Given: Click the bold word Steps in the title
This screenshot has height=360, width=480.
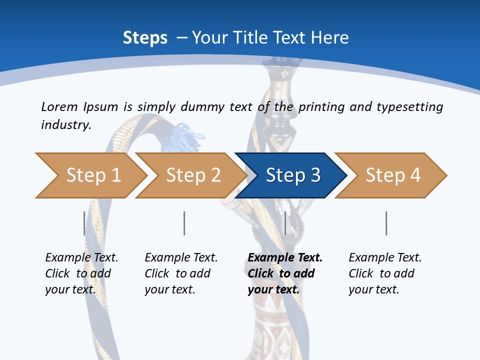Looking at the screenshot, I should [145, 37].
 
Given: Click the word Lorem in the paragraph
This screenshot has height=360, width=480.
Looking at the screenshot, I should [59, 106].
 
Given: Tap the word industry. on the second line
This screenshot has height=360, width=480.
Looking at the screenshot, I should [66, 124].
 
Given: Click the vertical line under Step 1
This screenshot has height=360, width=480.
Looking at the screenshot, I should [84, 223].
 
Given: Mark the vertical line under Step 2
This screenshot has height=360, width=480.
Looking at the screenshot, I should [184, 223].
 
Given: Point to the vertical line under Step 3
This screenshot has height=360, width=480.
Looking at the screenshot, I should [285, 223].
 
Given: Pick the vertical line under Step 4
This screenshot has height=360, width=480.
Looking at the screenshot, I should [386, 223].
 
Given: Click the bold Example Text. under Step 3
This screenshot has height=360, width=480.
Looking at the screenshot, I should [285, 257].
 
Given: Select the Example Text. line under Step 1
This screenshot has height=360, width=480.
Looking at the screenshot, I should [81, 257].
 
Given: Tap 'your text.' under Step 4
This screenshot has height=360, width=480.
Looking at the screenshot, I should [373, 289].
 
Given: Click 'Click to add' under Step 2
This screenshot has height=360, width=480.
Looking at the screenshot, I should [177, 273].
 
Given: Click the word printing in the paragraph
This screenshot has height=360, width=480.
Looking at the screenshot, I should [322, 107].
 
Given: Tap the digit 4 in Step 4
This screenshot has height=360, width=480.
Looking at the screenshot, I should [415, 175].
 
